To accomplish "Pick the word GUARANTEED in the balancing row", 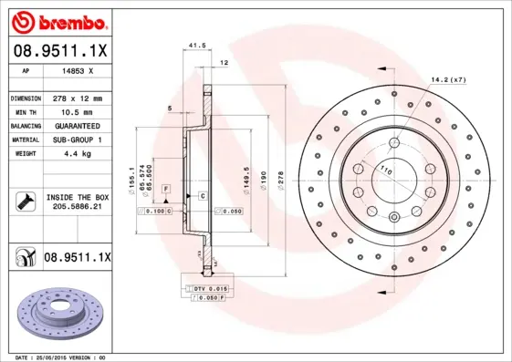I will (x=76, y=125).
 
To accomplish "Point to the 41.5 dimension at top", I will (x=194, y=44).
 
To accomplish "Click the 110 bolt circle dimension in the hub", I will (x=384, y=171).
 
